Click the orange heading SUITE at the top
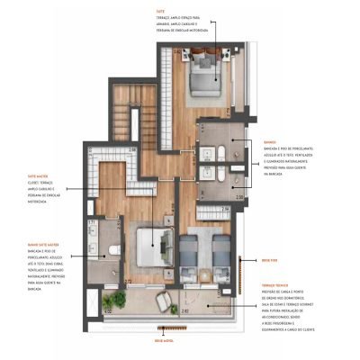pyautogui.click(x=158, y=12)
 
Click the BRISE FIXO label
pyautogui.click(x=268, y=259)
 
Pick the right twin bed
pyautogui.click(x=220, y=250)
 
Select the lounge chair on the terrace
pyautogui.click(x=168, y=300)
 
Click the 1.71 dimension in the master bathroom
pyautogui.click(x=92, y=222)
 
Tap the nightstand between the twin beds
pyautogui.click(x=206, y=240)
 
